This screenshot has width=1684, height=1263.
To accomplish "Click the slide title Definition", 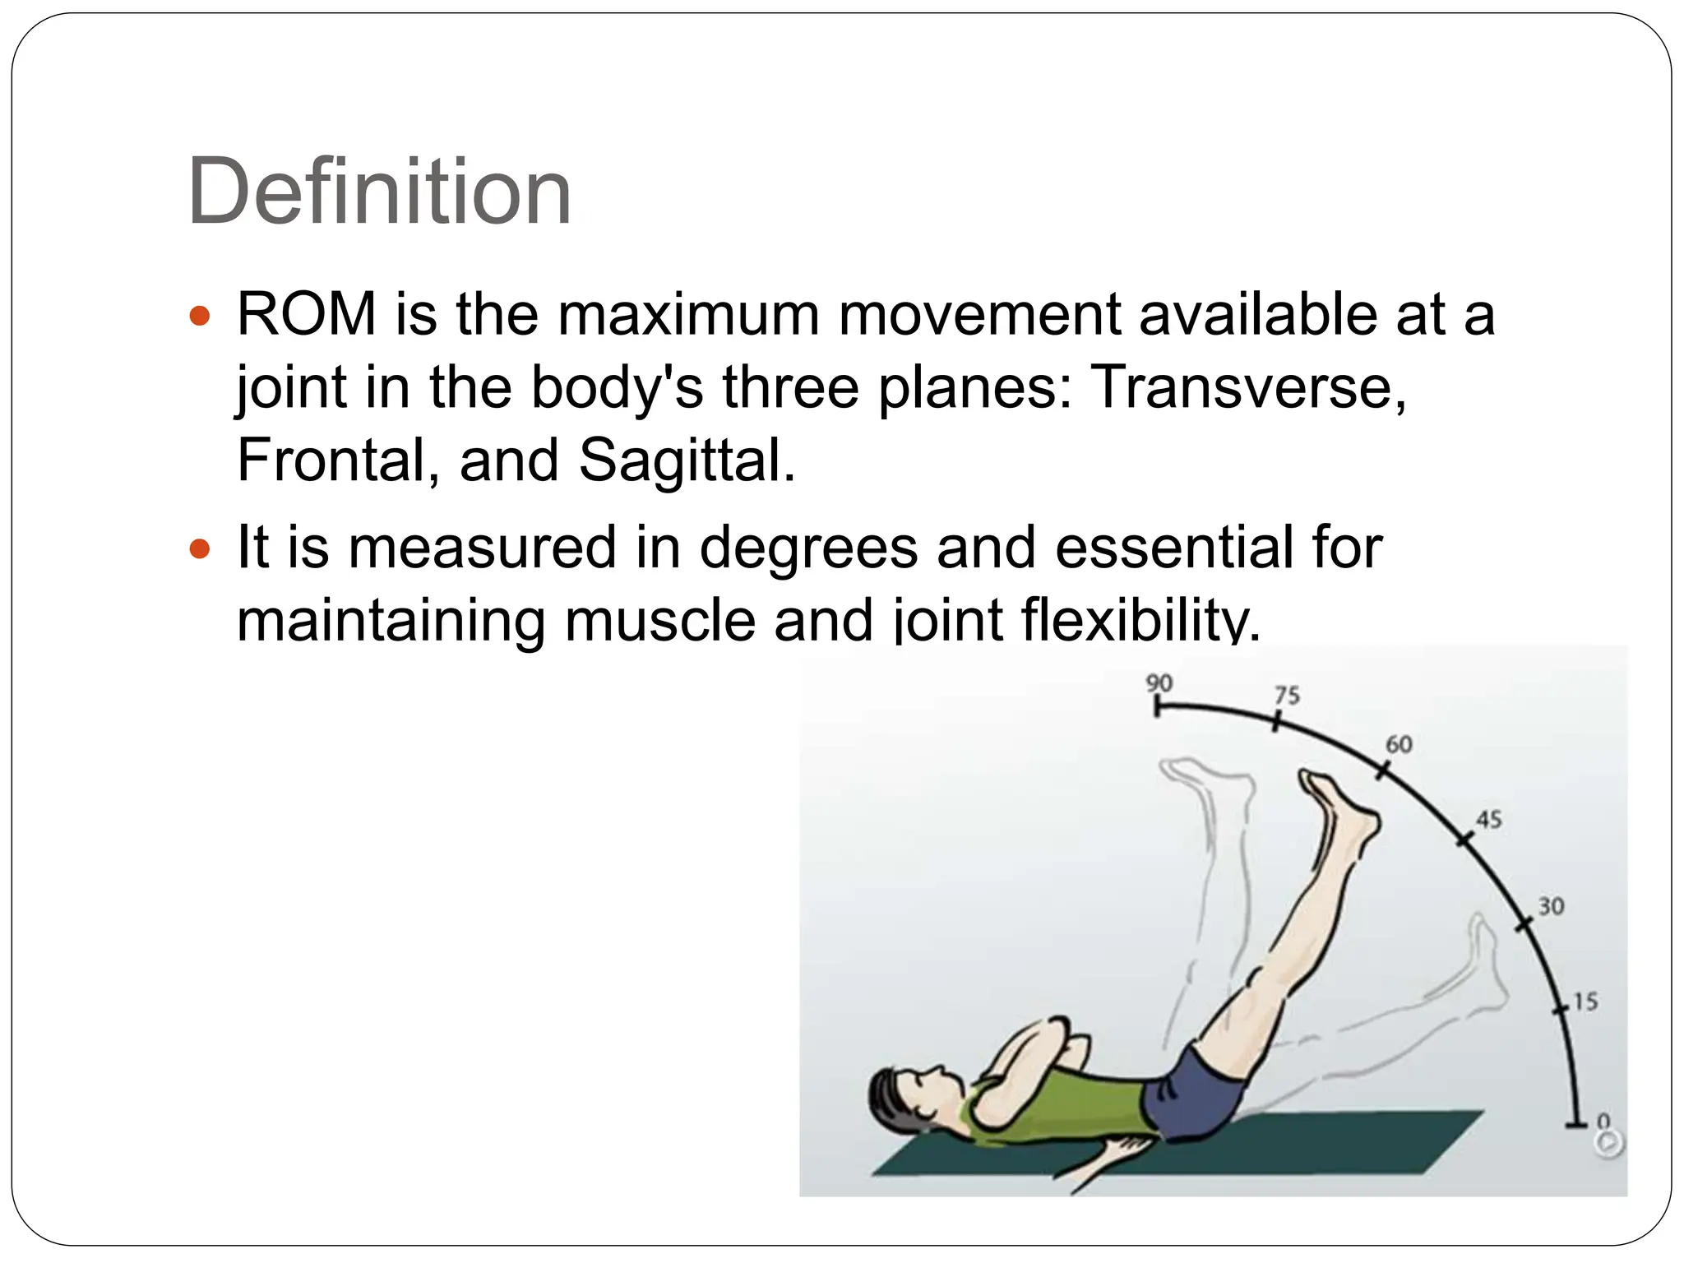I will click(379, 192).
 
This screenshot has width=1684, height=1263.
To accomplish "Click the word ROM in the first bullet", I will click(307, 314).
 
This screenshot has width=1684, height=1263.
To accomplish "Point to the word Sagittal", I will click(687, 460).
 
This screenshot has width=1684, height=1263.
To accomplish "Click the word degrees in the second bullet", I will click(807, 548).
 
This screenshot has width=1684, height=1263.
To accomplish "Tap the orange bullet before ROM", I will click(200, 316).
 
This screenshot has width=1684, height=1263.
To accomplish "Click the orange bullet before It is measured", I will click(200, 548).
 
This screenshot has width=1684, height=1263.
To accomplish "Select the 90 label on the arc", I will click(1159, 682).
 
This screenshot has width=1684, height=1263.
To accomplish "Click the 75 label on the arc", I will click(1287, 695).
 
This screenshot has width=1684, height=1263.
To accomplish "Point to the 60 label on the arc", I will click(1399, 744).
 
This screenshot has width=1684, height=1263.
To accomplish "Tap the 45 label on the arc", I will click(1488, 819).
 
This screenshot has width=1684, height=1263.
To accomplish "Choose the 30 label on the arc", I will click(1551, 906).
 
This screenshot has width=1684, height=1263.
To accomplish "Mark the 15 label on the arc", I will click(1585, 1002).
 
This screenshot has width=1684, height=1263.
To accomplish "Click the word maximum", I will click(689, 314).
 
